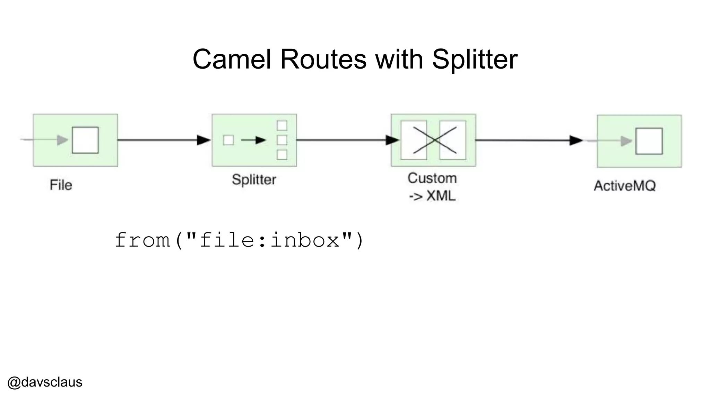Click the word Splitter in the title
[x=475, y=59]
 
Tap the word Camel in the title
[x=232, y=59]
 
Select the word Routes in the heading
[x=323, y=59]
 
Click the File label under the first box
[x=61, y=185]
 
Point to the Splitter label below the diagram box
[x=254, y=180]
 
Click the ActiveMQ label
[x=625, y=186]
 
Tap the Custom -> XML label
[x=432, y=187]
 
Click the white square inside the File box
[x=85, y=140]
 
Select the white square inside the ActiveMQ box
[x=649, y=141]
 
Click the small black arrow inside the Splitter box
[x=253, y=140]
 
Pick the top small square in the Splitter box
[x=282, y=125]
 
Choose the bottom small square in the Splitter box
[x=282, y=155]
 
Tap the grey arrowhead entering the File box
[x=63, y=140]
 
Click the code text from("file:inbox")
[x=239, y=240]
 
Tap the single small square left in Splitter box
[x=228, y=140]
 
